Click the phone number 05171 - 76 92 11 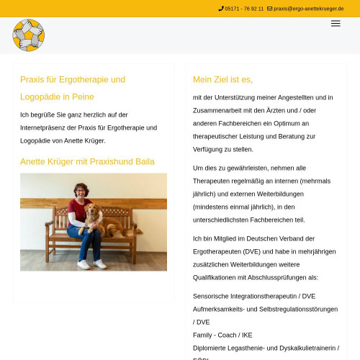click(x=244, y=9)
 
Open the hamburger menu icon click(x=336, y=24)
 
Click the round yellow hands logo click(x=28, y=35)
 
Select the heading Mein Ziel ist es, click(x=222, y=79)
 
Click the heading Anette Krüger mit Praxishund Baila click(x=87, y=161)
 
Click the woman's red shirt click(x=77, y=210)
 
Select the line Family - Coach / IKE click(x=222, y=335)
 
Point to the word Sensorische click(x=214, y=295)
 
